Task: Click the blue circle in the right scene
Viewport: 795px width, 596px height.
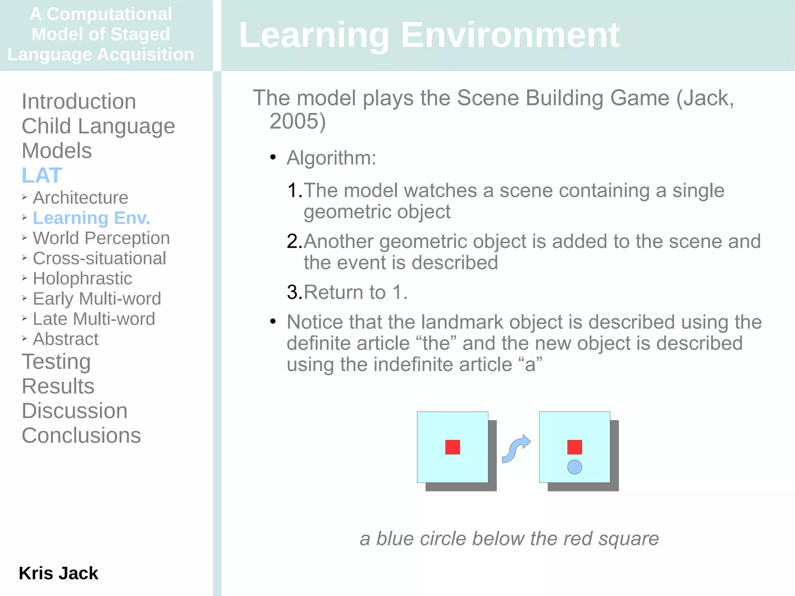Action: tap(575, 467)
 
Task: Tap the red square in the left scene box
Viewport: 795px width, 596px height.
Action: tap(452, 447)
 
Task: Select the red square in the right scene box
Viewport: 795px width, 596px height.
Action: tap(575, 447)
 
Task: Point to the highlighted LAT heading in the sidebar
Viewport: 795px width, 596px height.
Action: tap(42, 175)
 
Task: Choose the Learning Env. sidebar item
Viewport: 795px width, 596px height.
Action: tap(91, 218)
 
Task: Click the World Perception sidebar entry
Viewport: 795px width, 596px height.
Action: tap(101, 238)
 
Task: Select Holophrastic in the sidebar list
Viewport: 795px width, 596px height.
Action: tap(82, 278)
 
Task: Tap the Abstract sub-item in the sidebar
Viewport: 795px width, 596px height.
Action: tap(66, 339)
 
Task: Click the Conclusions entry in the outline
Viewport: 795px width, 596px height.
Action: tap(81, 435)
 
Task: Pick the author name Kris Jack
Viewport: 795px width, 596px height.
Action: tap(58, 573)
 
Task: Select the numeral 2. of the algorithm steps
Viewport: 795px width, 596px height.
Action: tap(294, 242)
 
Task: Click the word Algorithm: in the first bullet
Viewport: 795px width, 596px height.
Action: tap(331, 158)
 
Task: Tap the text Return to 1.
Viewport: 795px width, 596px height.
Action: tap(355, 292)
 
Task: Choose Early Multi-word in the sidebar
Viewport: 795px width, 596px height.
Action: tap(97, 299)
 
